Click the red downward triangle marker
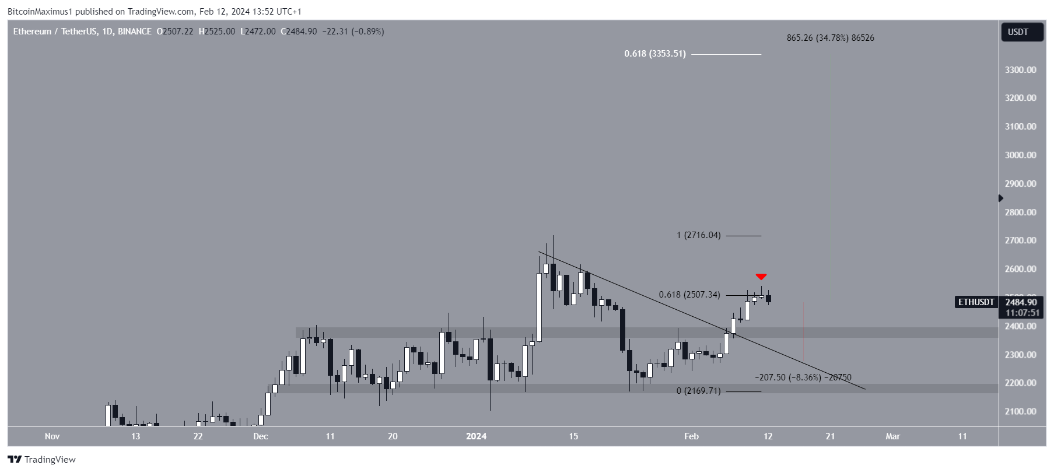click(x=761, y=277)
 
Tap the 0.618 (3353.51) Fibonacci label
click(x=654, y=54)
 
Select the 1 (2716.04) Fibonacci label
click(x=698, y=235)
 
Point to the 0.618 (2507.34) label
click(x=689, y=295)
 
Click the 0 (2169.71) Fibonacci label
click(x=698, y=391)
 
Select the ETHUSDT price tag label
click(x=975, y=302)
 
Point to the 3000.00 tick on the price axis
click(x=1020, y=155)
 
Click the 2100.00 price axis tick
click(x=1020, y=411)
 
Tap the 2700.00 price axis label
click(x=1020, y=240)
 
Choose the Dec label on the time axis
click(x=261, y=436)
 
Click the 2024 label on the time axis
click(x=476, y=436)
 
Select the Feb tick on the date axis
click(x=691, y=436)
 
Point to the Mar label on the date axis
click(x=892, y=436)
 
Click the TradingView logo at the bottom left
click(x=41, y=460)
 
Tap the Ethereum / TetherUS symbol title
click(x=52, y=32)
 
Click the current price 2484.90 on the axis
click(x=1021, y=302)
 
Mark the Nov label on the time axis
click(x=52, y=436)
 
